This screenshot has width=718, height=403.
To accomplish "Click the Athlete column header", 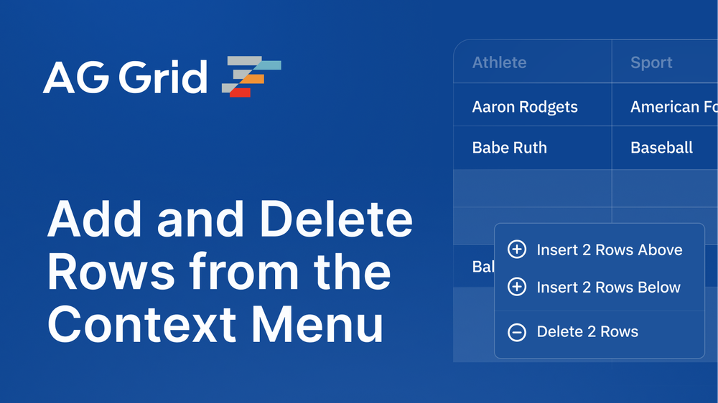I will [499, 62].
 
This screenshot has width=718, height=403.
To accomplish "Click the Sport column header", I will [651, 62].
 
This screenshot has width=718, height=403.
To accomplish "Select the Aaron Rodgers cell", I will [525, 107].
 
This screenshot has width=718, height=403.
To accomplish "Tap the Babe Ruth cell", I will [509, 148].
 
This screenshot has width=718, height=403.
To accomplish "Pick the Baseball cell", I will [661, 148].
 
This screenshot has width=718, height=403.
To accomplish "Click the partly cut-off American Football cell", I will [673, 107].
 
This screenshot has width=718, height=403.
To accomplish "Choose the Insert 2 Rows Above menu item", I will [609, 250].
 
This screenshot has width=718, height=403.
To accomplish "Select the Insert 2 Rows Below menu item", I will [608, 288].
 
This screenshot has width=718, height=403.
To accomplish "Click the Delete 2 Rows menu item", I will [587, 332].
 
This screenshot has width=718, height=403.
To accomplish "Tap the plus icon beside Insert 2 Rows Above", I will [516, 250].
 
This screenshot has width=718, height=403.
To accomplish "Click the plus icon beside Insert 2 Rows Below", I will [516, 288].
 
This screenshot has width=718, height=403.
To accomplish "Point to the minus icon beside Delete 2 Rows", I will [516, 332].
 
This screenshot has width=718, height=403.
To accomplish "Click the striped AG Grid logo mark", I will [251, 76].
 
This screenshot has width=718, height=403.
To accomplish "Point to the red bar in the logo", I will [241, 93].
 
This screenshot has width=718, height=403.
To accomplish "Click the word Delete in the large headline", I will [337, 221].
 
